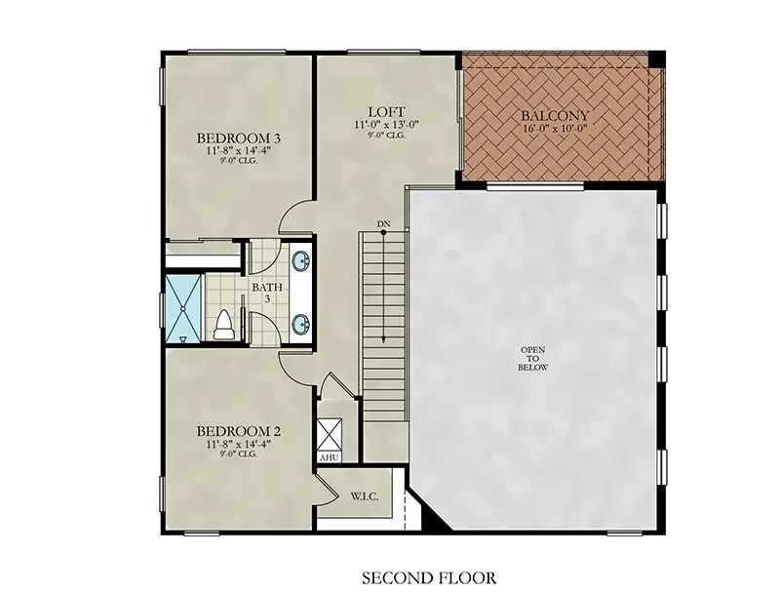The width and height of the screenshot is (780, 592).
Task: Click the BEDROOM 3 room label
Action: pos(239,138)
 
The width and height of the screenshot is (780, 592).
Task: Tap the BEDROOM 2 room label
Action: pos(239,431)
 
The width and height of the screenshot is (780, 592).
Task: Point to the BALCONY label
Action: pos(555,115)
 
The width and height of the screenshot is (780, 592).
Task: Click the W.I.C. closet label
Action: pos(365,496)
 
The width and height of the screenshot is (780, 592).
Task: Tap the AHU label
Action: pos(329,457)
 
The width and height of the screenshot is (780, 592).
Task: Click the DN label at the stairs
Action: pos(383,224)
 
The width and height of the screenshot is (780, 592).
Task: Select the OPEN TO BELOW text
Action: pos(532,359)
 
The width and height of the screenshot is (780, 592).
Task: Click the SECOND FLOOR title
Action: pos(429,578)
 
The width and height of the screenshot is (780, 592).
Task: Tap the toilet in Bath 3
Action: pos(223,326)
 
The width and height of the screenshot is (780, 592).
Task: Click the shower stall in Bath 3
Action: pos(183,308)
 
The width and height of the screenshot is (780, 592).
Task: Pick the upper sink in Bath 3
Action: pos(301,261)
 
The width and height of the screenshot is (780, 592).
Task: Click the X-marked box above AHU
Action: pos(330,435)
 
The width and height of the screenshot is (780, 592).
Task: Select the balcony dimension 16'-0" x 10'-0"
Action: pos(555,128)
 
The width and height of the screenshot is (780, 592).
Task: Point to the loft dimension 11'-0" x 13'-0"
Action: pos(386,125)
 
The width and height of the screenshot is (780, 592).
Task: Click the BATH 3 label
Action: pos(267,293)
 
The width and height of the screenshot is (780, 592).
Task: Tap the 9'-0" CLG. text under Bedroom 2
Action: pos(239,454)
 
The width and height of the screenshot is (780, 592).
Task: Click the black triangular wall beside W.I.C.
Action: pos(431,514)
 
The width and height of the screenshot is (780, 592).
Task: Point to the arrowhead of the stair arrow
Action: pos(383,339)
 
